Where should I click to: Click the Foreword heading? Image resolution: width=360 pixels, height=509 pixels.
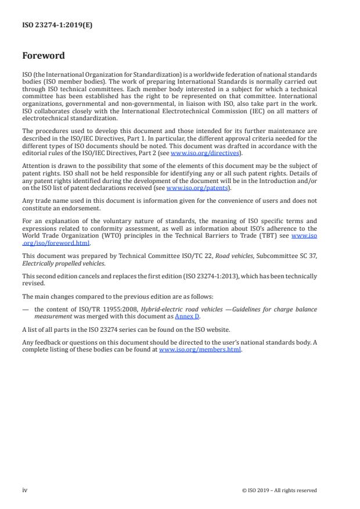(x=44, y=56)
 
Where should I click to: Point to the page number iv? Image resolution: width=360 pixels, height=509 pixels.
(x=25, y=490)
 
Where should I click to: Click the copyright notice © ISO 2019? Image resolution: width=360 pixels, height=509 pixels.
(x=279, y=490)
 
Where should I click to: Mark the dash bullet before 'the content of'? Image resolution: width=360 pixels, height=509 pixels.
(x=26, y=310)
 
